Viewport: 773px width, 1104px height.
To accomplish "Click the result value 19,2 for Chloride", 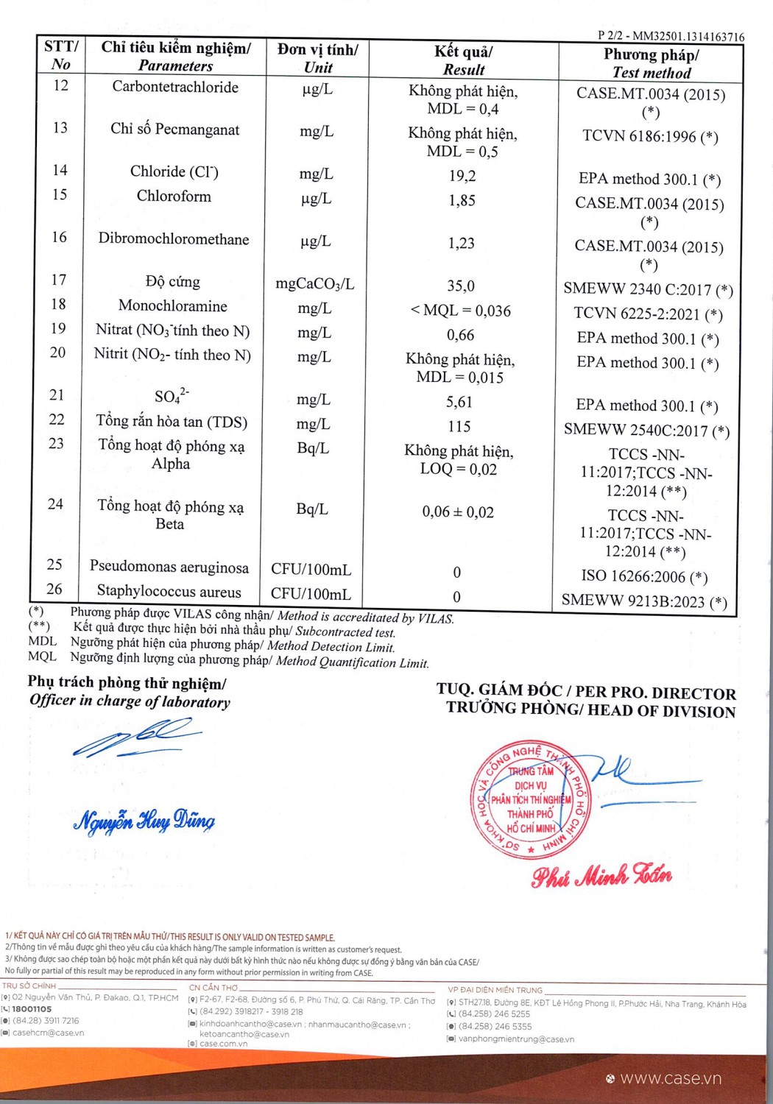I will point(462,176).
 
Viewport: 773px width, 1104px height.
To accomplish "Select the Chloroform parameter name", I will point(174,197).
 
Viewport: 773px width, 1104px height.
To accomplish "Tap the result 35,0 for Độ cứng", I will point(461,286).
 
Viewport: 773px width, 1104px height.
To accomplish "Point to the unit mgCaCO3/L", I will point(315,283).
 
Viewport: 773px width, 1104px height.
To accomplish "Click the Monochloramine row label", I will point(173,306).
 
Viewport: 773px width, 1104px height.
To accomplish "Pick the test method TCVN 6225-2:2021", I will point(648,314).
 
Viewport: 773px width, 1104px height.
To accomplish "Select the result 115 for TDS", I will point(459,426).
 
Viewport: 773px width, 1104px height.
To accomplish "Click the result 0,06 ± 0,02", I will point(458,512).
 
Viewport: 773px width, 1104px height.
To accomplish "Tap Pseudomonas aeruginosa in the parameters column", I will point(169,567).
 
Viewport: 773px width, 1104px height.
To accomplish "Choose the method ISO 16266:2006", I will point(644,576).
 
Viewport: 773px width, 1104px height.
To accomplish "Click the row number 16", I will point(59,237).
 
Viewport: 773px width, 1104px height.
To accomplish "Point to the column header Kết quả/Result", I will point(464,60).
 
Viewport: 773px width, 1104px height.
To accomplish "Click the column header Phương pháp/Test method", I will point(652,63).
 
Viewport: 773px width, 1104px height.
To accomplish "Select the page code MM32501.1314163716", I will point(688,36).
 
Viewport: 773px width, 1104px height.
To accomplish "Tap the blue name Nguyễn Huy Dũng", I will point(144,821).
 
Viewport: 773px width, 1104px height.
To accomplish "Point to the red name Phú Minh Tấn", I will point(601,876).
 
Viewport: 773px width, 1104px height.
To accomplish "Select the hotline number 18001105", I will point(32,1009).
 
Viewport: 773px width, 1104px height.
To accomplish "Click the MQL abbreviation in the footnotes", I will point(42,657).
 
